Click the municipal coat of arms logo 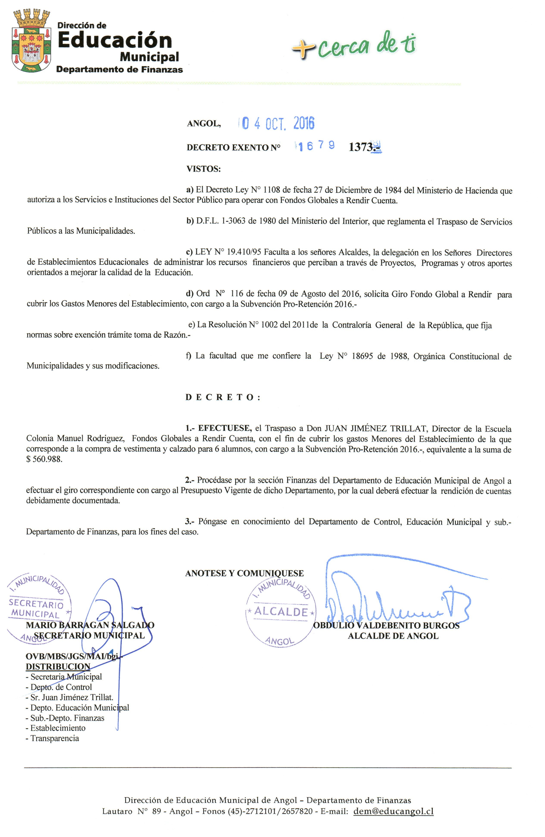pyautogui.click(x=32, y=42)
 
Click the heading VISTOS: pyautogui.click(x=204, y=169)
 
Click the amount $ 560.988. pyautogui.click(x=44, y=459)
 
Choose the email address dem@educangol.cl pyautogui.click(x=393, y=811)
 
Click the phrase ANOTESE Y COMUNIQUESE pyautogui.click(x=244, y=573)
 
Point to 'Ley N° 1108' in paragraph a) pyautogui.click(x=258, y=190)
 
